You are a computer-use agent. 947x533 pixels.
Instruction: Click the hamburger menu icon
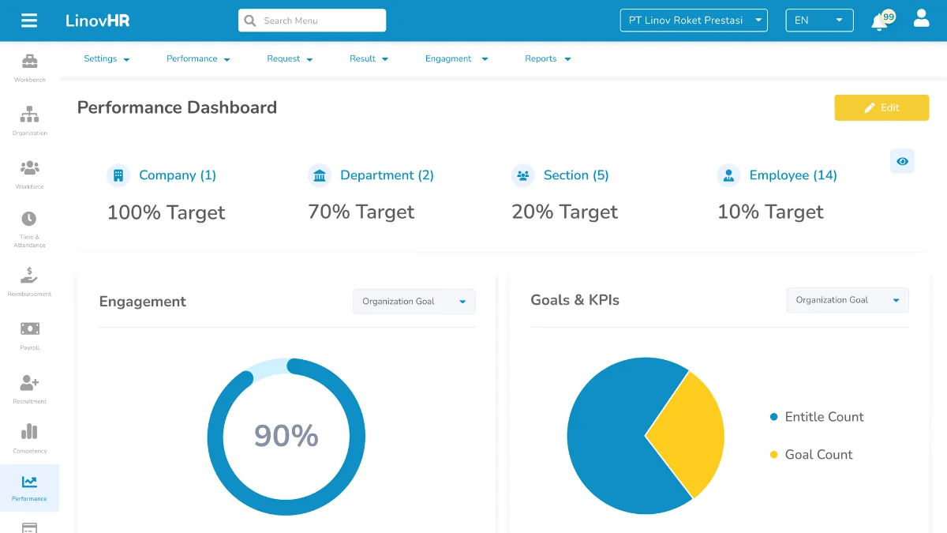[29, 21]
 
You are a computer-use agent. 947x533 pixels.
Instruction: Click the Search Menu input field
[312, 21]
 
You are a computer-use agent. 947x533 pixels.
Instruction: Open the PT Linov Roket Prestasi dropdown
[694, 21]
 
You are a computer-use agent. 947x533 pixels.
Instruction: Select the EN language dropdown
[818, 21]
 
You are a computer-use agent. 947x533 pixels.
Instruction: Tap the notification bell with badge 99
[880, 21]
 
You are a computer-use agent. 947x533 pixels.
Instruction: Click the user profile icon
[921, 19]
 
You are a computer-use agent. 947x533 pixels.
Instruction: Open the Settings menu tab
[107, 59]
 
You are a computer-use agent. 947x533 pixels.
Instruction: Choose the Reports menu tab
[548, 59]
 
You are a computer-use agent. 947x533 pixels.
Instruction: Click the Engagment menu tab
[456, 59]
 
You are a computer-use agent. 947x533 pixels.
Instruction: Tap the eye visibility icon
[902, 161]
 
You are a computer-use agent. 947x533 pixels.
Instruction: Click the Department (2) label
[387, 175]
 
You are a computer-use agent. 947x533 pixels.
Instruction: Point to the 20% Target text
[564, 212]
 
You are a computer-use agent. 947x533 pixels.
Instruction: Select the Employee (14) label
[792, 175]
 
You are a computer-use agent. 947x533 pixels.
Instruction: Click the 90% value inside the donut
[286, 436]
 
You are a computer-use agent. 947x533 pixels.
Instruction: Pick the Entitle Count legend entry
[823, 417]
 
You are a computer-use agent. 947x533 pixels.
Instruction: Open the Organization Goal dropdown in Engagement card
[414, 302]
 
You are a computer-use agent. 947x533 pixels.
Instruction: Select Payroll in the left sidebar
[29, 335]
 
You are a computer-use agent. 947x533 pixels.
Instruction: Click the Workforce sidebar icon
[29, 174]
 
